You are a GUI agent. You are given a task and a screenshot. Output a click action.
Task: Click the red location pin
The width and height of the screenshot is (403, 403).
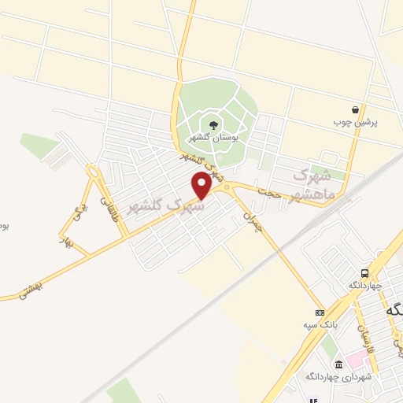(x=201, y=186)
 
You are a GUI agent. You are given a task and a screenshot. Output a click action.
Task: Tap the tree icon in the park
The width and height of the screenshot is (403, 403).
(x=213, y=124)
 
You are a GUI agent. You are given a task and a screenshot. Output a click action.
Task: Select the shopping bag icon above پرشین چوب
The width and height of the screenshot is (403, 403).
(x=356, y=110)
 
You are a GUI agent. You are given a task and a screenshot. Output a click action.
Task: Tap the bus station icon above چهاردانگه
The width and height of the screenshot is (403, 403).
(x=364, y=272)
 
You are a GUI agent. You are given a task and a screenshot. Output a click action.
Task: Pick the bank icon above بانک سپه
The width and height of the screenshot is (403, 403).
(x=320, y=312)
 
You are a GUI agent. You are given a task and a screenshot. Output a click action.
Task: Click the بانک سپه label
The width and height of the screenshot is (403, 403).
(x=316, y=324)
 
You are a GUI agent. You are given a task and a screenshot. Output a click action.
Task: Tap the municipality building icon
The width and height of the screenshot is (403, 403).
(x=339, y=364)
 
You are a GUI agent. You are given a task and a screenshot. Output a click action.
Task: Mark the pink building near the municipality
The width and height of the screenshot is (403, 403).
(x=357, y=359)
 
